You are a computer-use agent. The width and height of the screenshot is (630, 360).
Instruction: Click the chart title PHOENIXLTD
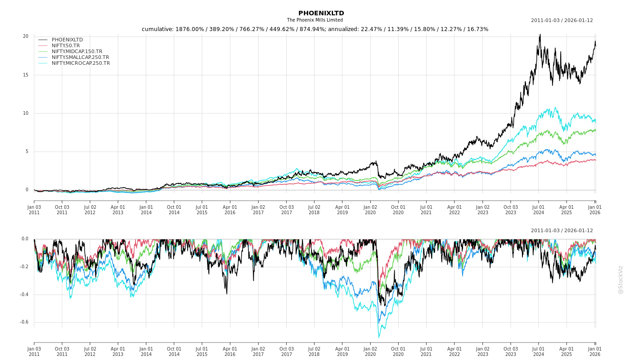click(321, 13)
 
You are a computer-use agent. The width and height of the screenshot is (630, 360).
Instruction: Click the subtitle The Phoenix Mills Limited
click(315, 20)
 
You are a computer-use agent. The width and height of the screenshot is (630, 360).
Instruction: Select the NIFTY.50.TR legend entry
click(66, 45)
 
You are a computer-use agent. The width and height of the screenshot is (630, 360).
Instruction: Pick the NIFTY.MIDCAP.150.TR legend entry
click(76, 51)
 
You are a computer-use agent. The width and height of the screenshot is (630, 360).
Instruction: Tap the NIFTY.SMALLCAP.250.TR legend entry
click(80, 57)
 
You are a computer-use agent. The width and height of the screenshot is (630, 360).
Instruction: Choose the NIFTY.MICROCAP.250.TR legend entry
click(81, 63)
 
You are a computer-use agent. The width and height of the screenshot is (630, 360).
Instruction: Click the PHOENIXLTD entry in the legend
click(67, 40)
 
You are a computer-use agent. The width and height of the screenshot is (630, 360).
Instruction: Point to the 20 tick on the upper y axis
click(26, 36)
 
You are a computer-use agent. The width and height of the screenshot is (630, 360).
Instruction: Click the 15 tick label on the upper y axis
click(26, 75)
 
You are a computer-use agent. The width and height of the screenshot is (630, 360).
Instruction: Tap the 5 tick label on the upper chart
click(27, 152)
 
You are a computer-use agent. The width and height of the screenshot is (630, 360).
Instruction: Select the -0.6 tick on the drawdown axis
click(24, 322)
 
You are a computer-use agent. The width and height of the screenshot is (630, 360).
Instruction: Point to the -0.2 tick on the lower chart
click(24, 267)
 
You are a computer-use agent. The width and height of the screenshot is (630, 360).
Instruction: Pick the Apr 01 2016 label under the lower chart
click(230, 351)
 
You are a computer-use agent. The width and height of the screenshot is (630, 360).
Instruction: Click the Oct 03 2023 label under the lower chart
click(511, 351)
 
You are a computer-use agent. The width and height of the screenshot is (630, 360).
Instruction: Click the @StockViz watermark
click(621, 279)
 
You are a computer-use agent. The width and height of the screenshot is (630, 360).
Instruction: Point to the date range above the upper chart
click(562, 20)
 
